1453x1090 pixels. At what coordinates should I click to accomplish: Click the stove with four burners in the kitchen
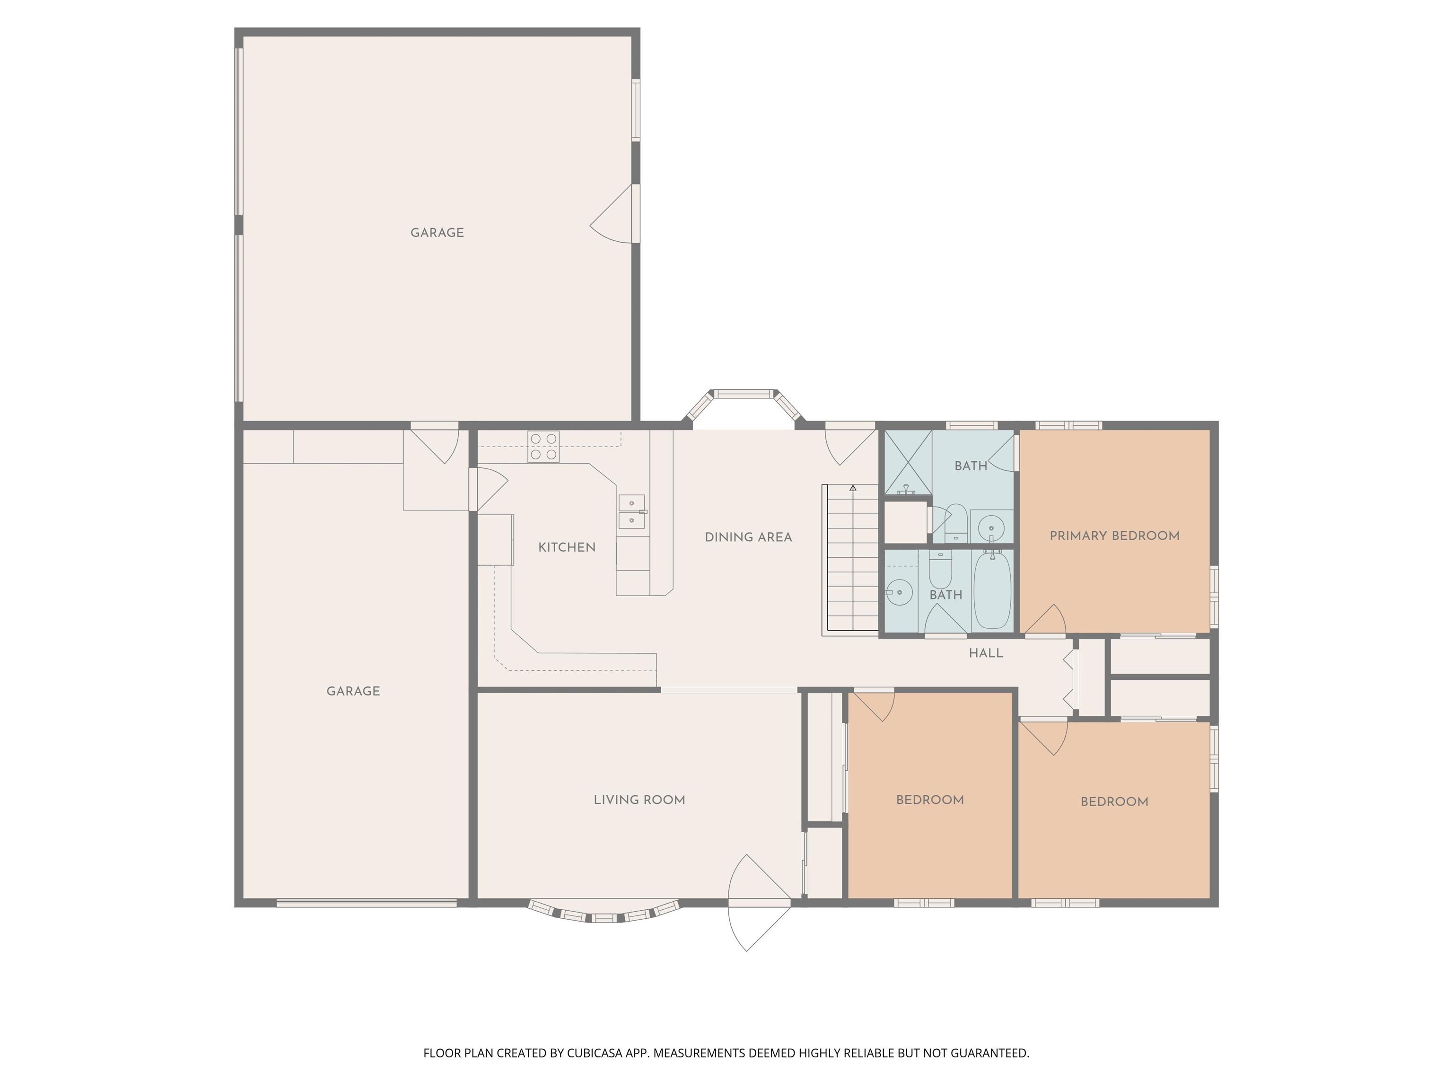pyautogui.click(x=543, y=447)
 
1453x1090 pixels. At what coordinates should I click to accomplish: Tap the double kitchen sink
pyautogui.click(x=631, y=512)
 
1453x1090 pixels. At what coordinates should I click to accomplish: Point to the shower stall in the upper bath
pyautogui.click(x=908, y=462)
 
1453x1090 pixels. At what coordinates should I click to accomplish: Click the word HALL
pyautogui.click(x=986, y=653)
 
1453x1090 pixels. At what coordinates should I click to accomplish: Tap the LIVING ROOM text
pyautogui.click(x=639, y=800)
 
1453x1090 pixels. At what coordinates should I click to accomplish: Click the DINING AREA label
pyautogui.click(x=748, y=537)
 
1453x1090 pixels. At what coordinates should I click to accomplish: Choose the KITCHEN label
pyautogui.click(x=567, y=547)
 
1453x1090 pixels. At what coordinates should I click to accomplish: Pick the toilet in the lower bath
pyautogui.click(x=941, y=570)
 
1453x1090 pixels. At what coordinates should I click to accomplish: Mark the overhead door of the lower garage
pyautogui.click(x=367, y=904)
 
